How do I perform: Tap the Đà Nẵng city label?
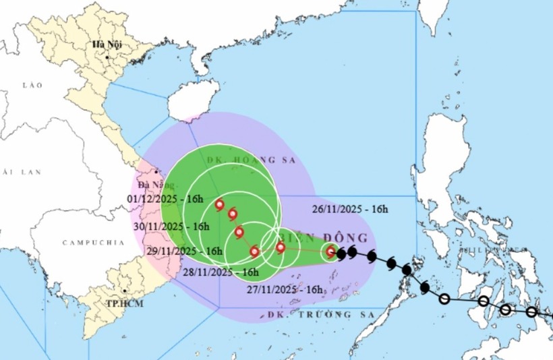click(152, 185)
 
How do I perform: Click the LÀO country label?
click(32, 86)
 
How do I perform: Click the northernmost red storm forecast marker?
click(219, 204)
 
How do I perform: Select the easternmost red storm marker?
click(330, 251)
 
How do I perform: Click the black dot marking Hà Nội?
click(107, 57)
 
